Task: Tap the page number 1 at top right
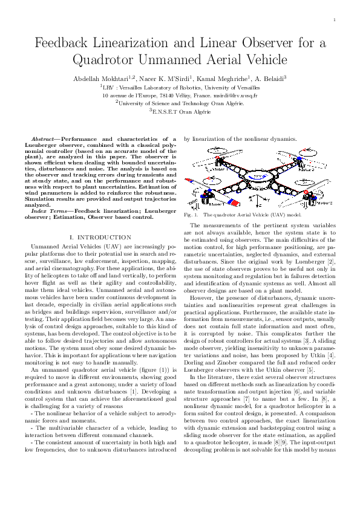(334, 20)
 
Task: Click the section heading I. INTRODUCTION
(100, 238)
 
